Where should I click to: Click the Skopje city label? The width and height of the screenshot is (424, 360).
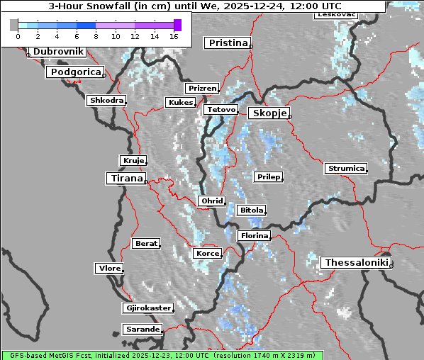268,113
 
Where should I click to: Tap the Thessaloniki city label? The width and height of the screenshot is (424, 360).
355,263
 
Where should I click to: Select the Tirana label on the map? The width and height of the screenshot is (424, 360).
125,179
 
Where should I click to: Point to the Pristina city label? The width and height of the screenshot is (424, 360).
228,43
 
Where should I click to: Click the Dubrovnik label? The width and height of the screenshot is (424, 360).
58,52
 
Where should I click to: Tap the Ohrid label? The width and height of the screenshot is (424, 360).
212,201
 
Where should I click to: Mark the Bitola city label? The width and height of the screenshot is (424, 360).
251,210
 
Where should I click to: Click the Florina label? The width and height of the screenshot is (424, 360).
254,235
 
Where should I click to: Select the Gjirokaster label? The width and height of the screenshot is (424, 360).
147,308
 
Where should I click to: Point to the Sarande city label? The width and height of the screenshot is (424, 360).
143,330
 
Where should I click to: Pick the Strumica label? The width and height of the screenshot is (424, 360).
346,169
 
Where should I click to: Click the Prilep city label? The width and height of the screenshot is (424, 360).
268,176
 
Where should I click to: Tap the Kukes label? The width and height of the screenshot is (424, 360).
179,103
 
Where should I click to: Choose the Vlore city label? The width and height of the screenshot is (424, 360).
109,269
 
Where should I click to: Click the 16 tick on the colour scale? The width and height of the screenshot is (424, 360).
172,35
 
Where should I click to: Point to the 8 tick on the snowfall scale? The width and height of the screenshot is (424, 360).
96,35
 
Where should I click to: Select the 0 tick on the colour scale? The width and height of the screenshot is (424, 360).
18,35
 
